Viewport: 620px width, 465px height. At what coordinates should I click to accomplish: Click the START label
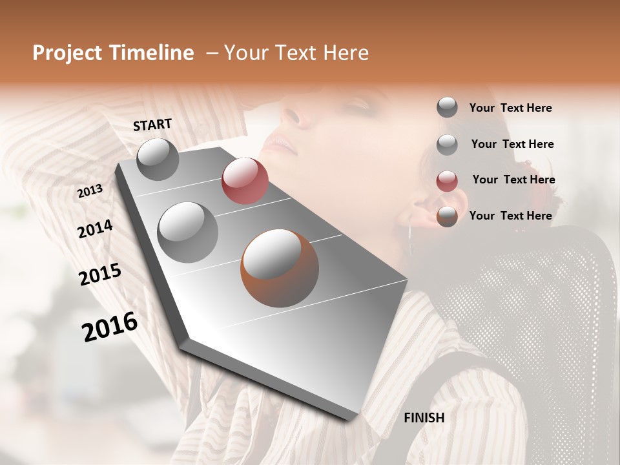(152, 125)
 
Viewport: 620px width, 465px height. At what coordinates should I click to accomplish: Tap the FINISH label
(424, 418)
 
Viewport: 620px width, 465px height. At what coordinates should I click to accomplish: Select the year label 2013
(90, 191)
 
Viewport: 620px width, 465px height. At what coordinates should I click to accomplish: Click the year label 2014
(95, 229)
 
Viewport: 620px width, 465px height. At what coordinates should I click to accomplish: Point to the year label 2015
(100, 274)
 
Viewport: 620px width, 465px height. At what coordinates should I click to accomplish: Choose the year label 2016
(110, 327)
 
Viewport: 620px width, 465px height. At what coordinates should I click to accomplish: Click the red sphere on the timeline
(245, 180)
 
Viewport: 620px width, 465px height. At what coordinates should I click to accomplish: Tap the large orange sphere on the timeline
(280, 267)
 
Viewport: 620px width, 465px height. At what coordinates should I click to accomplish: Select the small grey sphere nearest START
(158, 159)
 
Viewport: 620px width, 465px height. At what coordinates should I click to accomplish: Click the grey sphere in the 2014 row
(187, 232)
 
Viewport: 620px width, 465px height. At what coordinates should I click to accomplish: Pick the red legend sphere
(447, 181)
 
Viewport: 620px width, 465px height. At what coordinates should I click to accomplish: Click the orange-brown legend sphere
(447, 216)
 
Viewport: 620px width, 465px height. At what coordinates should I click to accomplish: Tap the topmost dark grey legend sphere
(447, 107)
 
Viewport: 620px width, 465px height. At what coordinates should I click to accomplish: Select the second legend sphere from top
(447, 145)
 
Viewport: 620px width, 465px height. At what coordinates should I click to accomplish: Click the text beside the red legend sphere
(513, 180)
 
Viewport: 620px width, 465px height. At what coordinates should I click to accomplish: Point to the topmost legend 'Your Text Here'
(510, 108)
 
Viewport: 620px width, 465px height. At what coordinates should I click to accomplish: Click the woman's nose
(291, 116)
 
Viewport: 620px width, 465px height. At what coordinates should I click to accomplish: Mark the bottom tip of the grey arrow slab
(353, 419)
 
